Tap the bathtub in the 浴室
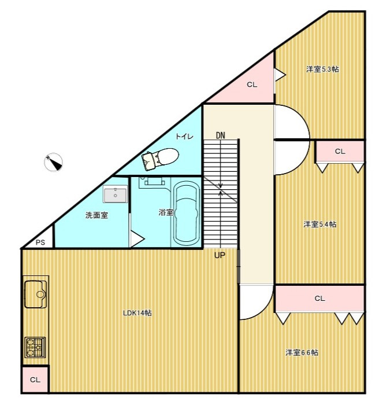187,213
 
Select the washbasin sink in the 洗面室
115,194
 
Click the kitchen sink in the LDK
36,294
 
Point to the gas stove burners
35,347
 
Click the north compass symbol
53,162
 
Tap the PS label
40,242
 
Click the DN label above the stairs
220,135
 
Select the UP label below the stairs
220,256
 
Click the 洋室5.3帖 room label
322,69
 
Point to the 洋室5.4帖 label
320,224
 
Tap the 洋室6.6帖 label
302,352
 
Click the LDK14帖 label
137,313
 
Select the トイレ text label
184,137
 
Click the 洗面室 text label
96,215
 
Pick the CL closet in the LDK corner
35,380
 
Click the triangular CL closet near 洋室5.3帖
251,85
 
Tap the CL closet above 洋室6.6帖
320,299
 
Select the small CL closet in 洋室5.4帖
340,152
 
